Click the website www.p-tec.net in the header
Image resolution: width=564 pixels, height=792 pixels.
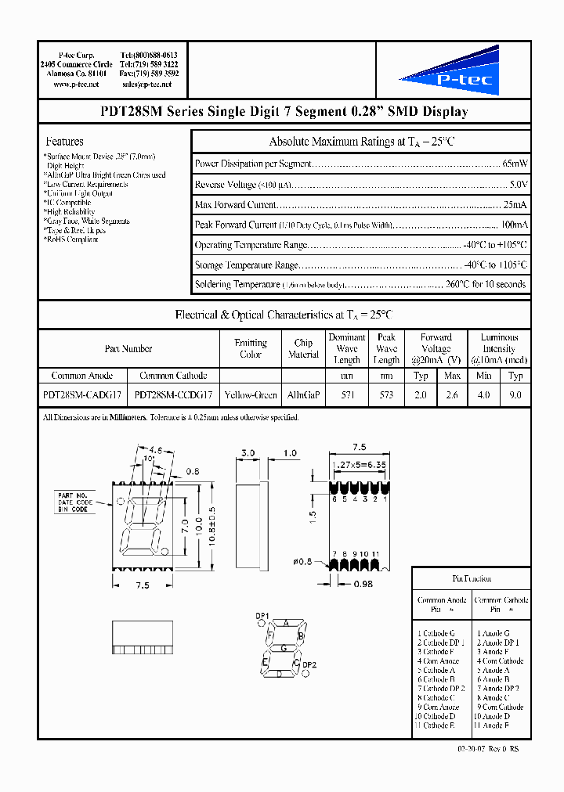pyautogui.click(x=76, y=84)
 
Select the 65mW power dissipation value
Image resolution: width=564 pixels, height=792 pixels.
pyautogui.click(x=515, y=164)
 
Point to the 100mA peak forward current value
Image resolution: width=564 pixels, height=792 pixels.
pyautogui.click(x=512, y=225)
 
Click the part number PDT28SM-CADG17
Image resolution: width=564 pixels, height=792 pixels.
pyautogui.click(x=81, y=395)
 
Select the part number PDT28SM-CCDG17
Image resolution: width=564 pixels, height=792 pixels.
pyautogui.click(x=173, y=395)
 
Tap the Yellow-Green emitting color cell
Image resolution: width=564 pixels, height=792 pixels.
pyautogui.click(x=251, y=395)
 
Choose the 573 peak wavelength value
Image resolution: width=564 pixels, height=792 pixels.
pyautogui.click(x=386, y=395)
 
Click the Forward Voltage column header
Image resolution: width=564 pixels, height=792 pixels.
pyautogui.click(x=436, y=348)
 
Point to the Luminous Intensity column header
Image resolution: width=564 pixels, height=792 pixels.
pyautogui.click(x=499, y=348)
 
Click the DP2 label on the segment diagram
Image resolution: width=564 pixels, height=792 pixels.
pyautogui.click(x=309, y=665)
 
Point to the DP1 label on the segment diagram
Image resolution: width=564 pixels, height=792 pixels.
pyautogui.click(x=262, y=616)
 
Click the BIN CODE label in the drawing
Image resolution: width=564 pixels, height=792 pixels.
pyautogui.click(x=73, y=509)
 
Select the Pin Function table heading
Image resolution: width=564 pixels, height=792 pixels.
pyautogui.click(x=472, y=578)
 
